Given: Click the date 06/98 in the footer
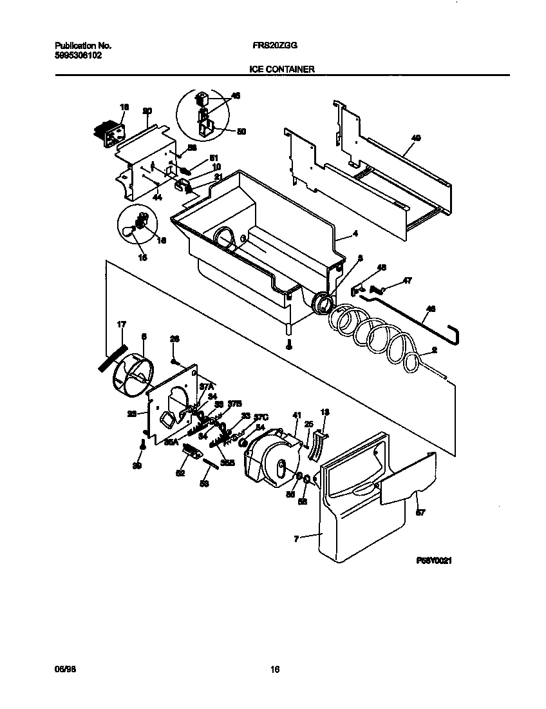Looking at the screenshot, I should tap(63, 670).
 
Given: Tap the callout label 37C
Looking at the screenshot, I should tap(260, 416).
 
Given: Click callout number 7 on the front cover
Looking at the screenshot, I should tap(296, 538).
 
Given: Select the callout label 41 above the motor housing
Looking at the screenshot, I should tap(297, 415).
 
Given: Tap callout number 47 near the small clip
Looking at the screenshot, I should tap(408, 280).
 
